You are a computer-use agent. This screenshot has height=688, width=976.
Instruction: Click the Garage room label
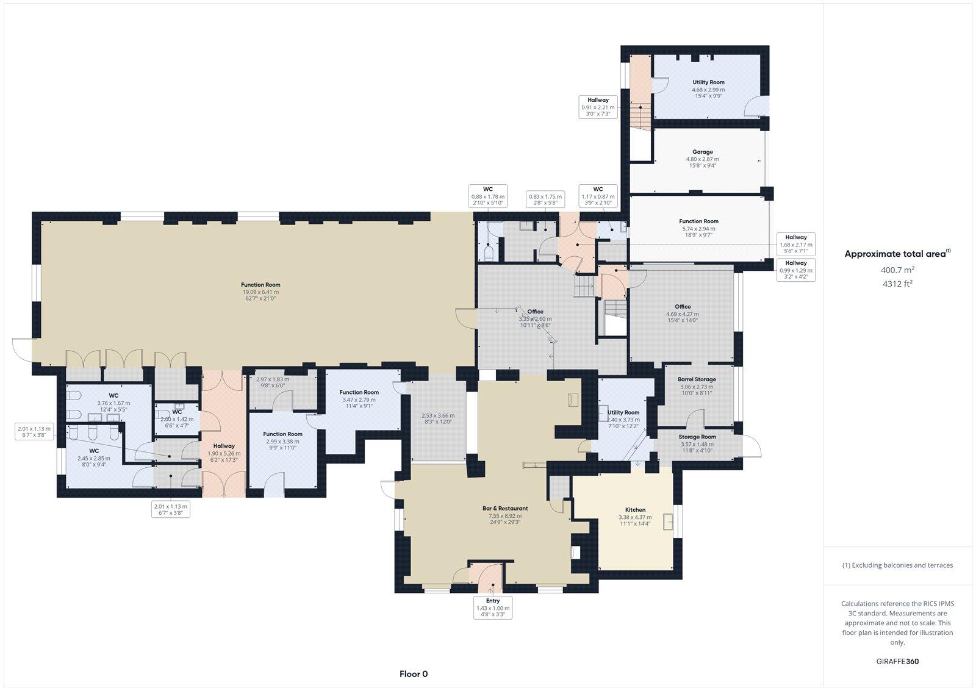[702, 152]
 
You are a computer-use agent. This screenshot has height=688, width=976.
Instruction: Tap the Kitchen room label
[635, 510]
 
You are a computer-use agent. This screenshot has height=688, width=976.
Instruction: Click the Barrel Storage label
[697, 379]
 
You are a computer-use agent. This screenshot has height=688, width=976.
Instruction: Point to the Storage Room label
[697, 437]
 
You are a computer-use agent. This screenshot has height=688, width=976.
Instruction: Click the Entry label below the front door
[493, 601]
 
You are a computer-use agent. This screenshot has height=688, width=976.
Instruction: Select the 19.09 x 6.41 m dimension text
[260, 292]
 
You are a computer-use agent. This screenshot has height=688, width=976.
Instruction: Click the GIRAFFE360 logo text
[897, 661]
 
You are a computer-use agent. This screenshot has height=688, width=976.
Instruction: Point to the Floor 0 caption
[414, 674]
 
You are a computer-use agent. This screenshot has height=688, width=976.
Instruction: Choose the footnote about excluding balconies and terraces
[897, 565]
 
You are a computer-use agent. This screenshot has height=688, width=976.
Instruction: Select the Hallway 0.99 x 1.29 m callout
[796, 270]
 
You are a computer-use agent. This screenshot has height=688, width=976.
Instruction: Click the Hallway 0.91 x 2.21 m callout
[598, 107]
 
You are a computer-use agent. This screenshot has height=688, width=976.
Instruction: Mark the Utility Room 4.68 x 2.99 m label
[708, 89]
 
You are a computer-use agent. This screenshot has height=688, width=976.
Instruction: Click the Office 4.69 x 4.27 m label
[683, 314]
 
